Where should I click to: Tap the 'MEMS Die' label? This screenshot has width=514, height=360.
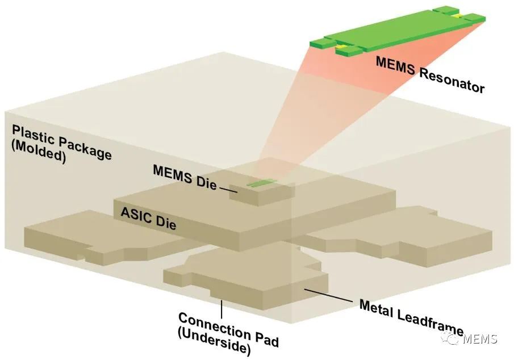(x=185, y=178)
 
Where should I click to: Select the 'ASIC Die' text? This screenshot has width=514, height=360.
(x=148, y=219)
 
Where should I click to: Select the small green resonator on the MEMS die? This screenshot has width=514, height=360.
(x=262, y=183)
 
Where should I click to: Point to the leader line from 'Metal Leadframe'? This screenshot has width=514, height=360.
(x=328, y=295)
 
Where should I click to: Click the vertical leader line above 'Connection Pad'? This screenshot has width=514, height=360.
(x=222, y=309)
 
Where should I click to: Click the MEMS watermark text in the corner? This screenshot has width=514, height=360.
(x=480, y=338)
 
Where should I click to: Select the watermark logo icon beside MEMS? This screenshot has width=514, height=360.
(x=451, y=338)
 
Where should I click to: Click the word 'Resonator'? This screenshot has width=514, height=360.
(x=452, y=81)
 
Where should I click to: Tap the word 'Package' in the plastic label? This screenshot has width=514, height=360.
(x=85, y=148)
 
